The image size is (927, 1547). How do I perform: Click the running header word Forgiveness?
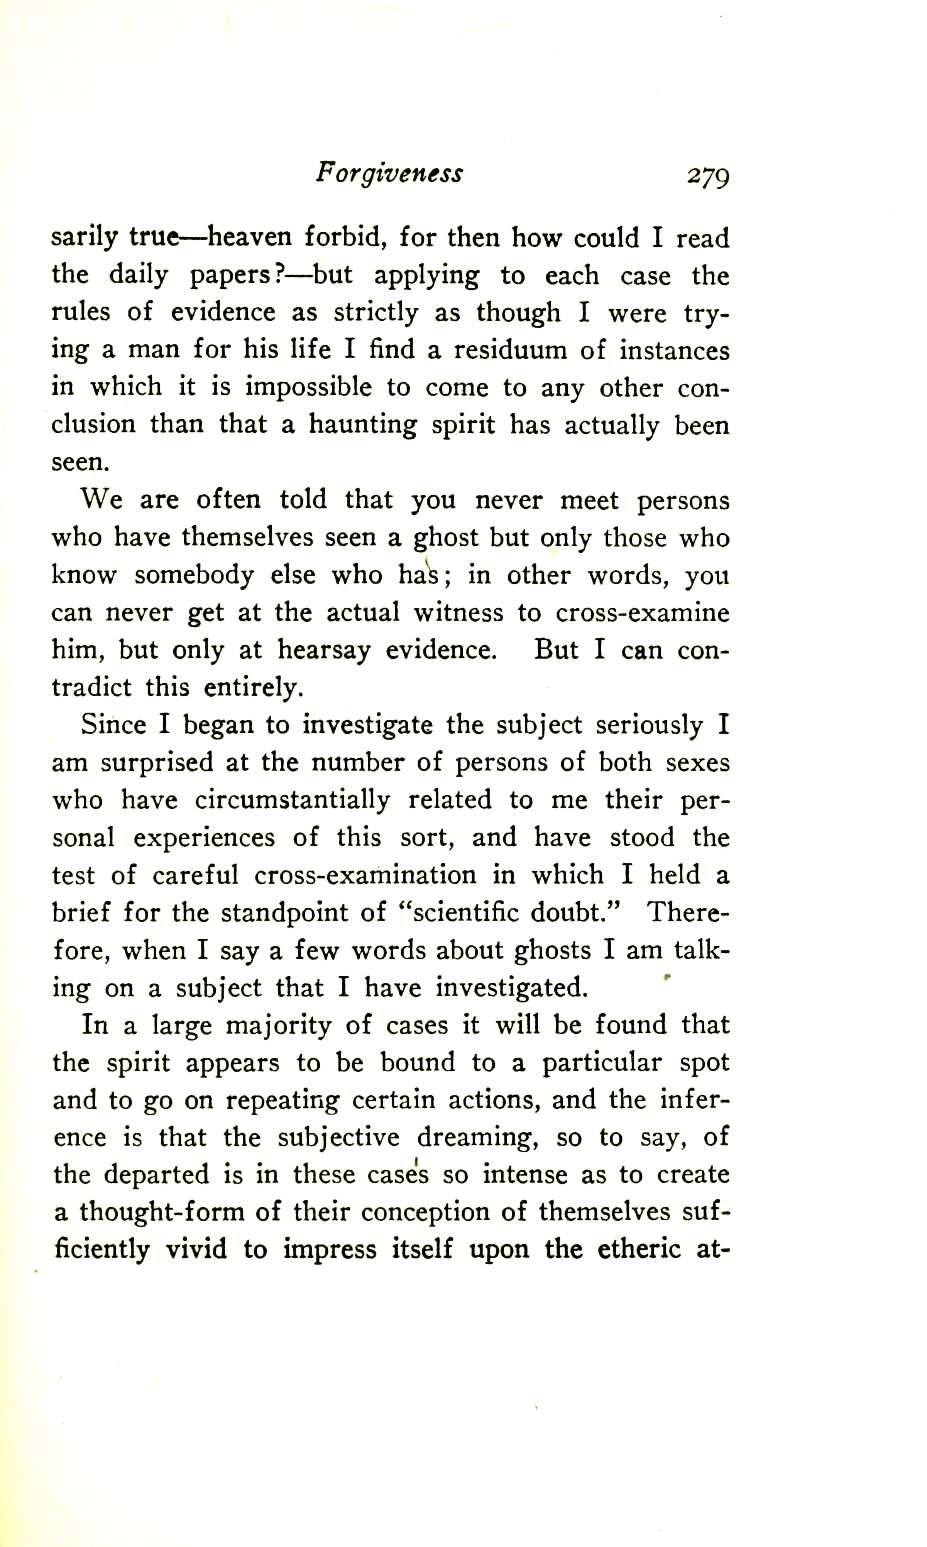point(389,173)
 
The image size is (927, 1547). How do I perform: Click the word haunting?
point(363,426)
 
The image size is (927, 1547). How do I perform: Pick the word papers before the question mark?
point(229,276)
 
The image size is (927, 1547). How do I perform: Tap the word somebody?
point(194,575)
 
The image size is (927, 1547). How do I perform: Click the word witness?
point(458,612)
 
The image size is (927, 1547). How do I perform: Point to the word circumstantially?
point(293,800)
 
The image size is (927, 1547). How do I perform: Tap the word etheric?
point(638,1250)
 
